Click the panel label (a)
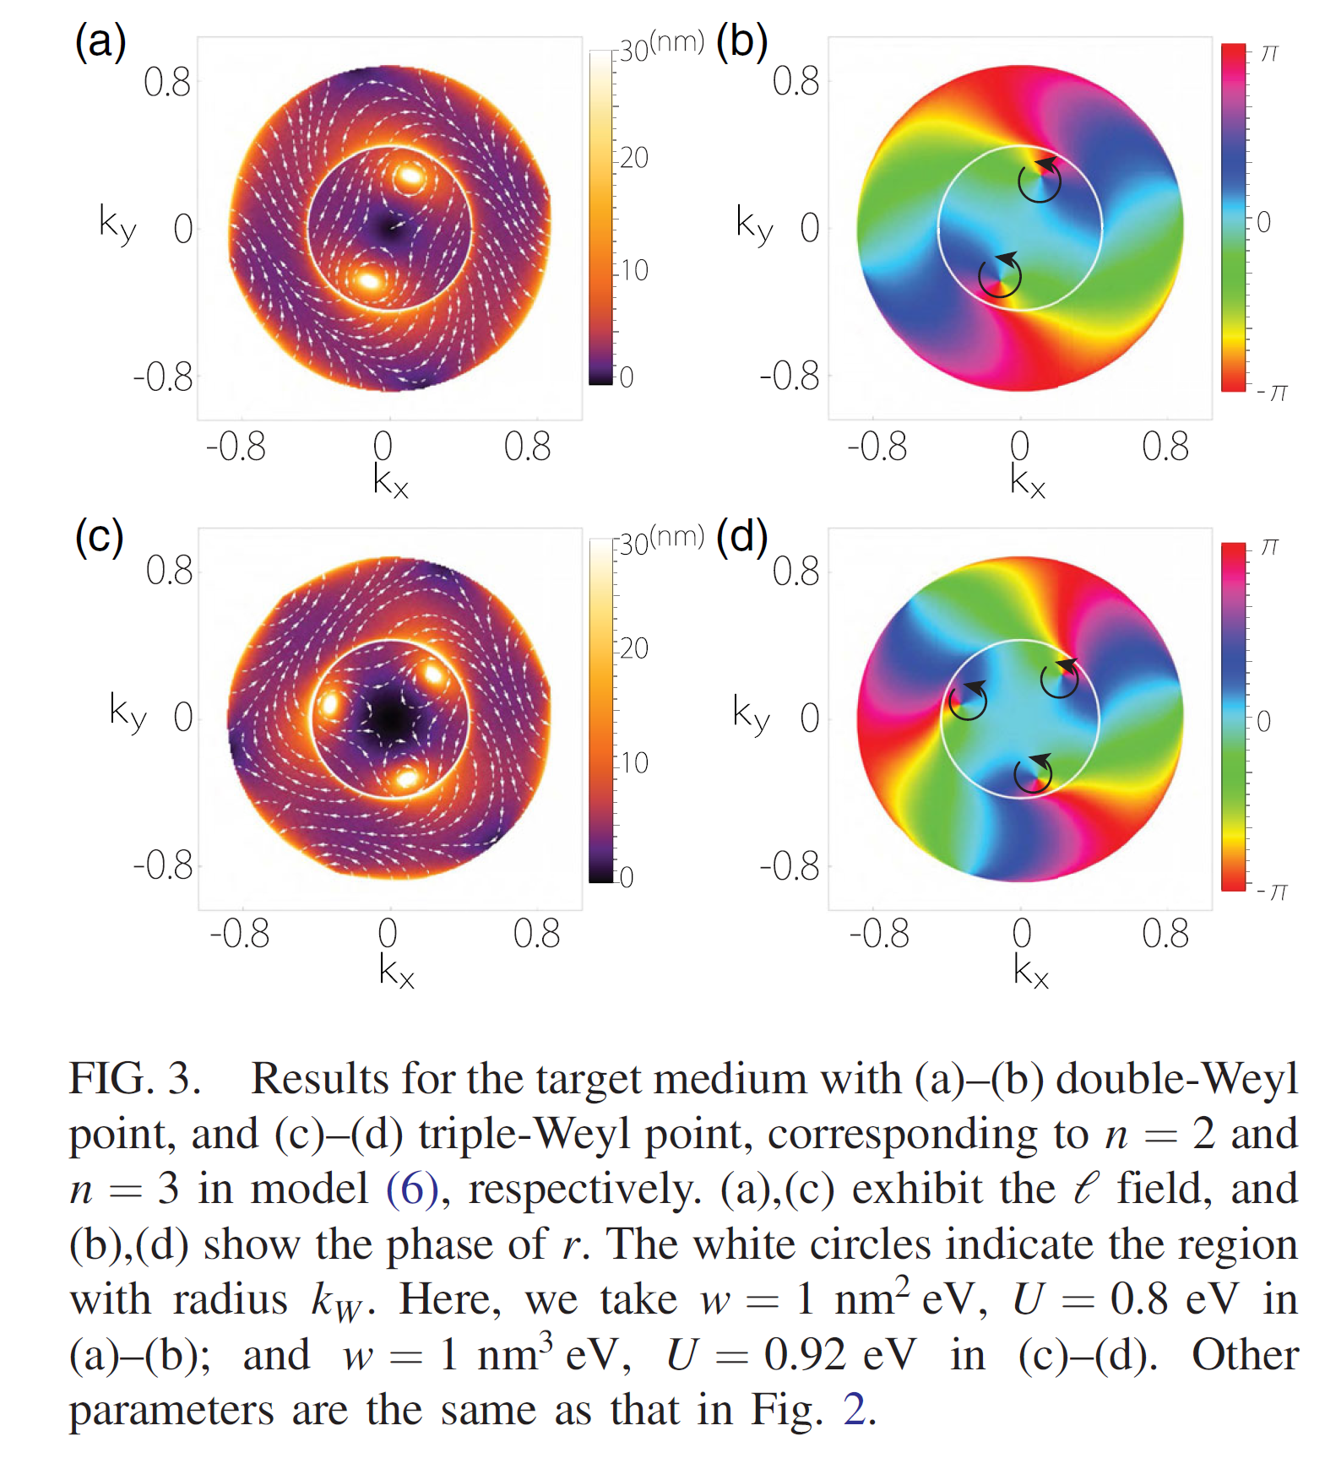coord(100,41)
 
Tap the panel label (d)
coord(741,537)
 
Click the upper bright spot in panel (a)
coord(410,176)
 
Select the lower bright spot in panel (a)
coord(368,280)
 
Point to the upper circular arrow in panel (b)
coord(1040,180)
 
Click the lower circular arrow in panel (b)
coord(1000,276)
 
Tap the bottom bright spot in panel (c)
coord(407,778)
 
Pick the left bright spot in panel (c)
coord(329,703)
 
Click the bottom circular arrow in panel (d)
coord(1033,773)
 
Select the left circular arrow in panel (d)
coord(968,700)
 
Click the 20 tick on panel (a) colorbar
coord(633,158)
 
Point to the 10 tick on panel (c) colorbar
coord(633,763)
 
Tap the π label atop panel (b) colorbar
coord(1269,53)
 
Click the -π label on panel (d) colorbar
coord(1273,892)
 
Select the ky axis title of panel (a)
coord(117,225)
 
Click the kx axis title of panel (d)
coord(1031,972)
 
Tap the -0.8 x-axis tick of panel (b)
coord(877,447)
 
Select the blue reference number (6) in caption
coord(412,1189)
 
